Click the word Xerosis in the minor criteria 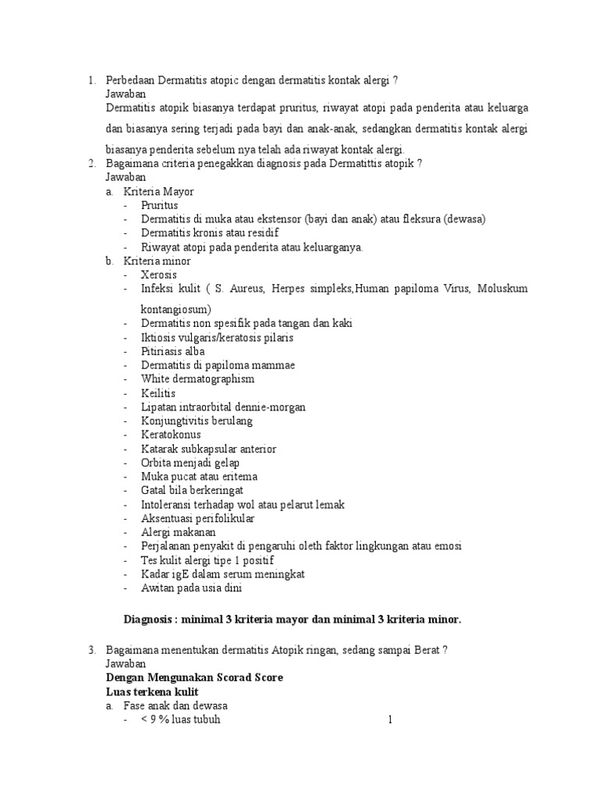[159, 275]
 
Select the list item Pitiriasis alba [172, 351]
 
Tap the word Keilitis [158, 392]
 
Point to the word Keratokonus [171, 435]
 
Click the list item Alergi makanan [178, 532]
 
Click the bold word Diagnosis [149, 620]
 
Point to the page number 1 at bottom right [390, 719]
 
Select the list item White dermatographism [198, 379]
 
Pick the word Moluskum [502, 289]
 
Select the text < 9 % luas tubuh [180, 719]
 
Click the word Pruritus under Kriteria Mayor [160, 205]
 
